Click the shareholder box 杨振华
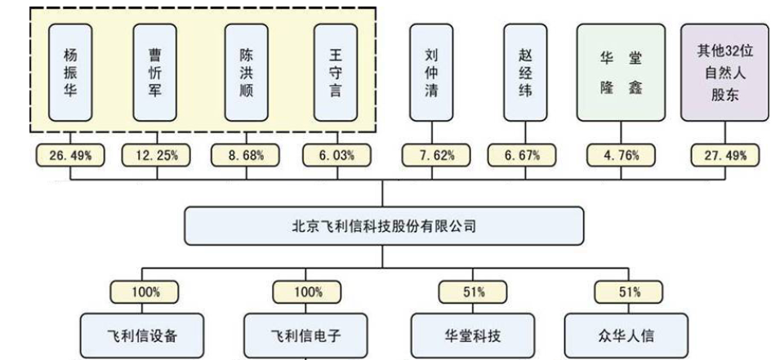point(70,72)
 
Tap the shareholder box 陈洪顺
point(246,72)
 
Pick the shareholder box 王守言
point(335,72)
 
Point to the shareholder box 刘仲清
point(431,72)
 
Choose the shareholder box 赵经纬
point(525,72)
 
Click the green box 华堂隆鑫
point(621,72)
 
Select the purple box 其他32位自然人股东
point(725,72)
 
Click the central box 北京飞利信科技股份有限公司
point(384,226)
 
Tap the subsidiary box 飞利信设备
point(142,336)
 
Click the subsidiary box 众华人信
point(625,336)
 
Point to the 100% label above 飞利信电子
point(306,291)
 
